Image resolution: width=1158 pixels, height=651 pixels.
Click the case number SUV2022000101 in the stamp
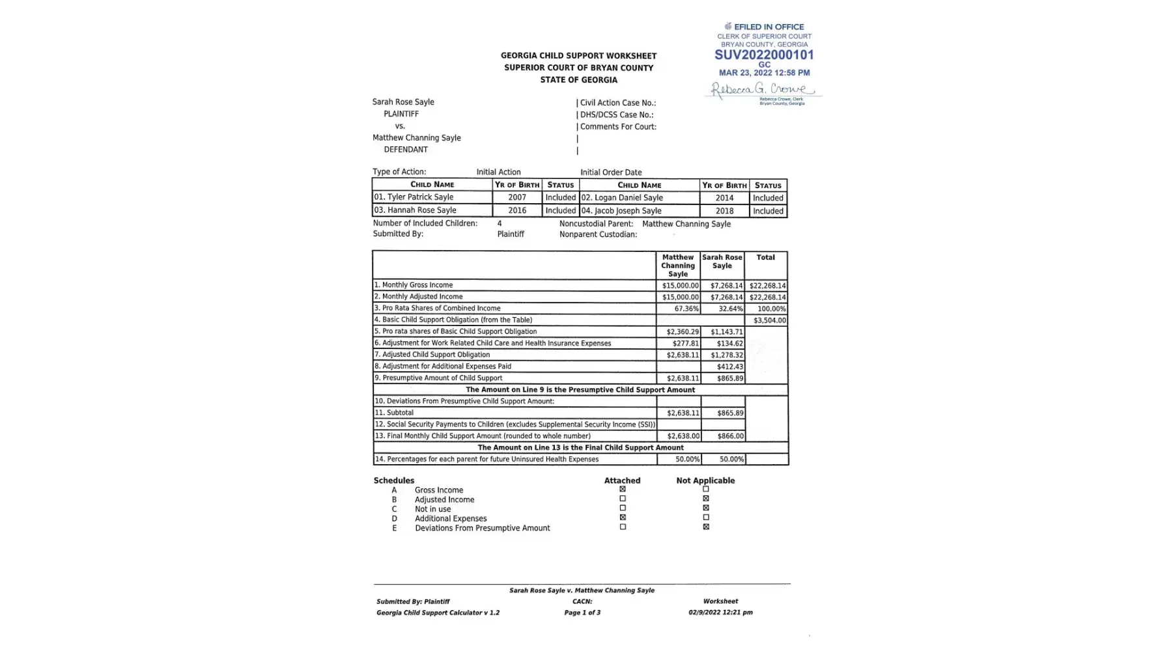click(x=764, y=55)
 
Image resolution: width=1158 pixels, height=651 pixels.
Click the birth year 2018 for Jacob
click(x=724, y=211)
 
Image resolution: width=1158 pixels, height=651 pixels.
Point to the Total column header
click(x=765, y=258)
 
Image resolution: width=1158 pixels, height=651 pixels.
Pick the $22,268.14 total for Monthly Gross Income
click(x=767, y=286)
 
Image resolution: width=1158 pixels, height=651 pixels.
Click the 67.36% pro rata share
click(x=686, y=309)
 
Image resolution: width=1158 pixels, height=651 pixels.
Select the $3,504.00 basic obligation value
click(x=769, y=320)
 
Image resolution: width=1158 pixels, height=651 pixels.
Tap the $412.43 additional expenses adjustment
click(x=729, y=367)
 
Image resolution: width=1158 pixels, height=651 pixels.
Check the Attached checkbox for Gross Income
click(x=623, y=490)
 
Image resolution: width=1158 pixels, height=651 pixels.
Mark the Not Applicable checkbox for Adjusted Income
click(x=706, y=499)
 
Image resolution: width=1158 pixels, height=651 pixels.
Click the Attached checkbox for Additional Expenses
click(x=623, y=518)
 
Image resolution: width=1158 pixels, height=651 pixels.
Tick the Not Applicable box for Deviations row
click(x=706, y=527)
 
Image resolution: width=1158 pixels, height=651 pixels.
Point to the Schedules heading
click(x=393, y=480)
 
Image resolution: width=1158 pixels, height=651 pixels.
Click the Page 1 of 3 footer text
click(x=582, y=613)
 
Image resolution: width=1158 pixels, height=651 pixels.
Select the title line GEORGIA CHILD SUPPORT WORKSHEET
click(x=578, y=56)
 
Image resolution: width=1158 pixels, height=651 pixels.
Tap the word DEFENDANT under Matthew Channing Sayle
click(x=406, y=150)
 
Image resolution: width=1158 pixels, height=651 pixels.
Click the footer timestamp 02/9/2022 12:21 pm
click(x=720, y=613)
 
